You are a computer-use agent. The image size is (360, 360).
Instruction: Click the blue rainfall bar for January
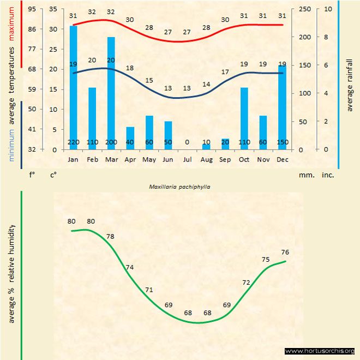(x=73, y=82)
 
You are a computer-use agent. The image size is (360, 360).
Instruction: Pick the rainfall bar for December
(x=282, y=104)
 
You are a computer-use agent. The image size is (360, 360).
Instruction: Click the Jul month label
(x=187, y=160)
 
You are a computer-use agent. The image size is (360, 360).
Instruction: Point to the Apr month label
(x=130, y=160)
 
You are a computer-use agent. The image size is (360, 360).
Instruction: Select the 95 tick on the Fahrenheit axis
(x=32, y=9)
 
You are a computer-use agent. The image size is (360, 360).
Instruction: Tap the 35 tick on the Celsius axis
(x=53, y=9)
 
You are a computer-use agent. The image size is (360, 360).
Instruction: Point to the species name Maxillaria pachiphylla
(x=179, y=186)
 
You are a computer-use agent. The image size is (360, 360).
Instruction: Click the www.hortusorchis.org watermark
(x=320, y=351)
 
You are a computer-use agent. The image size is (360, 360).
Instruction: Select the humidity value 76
(x=284, y=251)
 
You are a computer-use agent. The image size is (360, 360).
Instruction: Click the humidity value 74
(x=129, y=267)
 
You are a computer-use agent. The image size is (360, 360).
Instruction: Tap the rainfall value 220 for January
(x=73, y=142)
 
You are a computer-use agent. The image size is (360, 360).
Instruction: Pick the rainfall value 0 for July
(x=187, y=142)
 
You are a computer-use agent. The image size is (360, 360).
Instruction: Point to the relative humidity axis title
(x=11, y=273)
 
